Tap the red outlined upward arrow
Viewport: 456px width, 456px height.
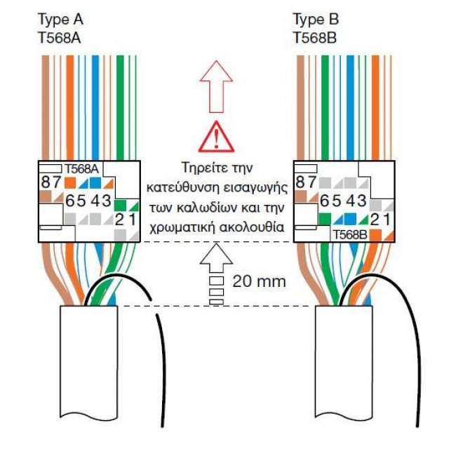tap(216, 83)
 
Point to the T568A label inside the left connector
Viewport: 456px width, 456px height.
tap(83, 168)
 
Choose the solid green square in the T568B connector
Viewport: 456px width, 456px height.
tap(324, 217)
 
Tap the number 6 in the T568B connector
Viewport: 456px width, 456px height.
tap(324, 201)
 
